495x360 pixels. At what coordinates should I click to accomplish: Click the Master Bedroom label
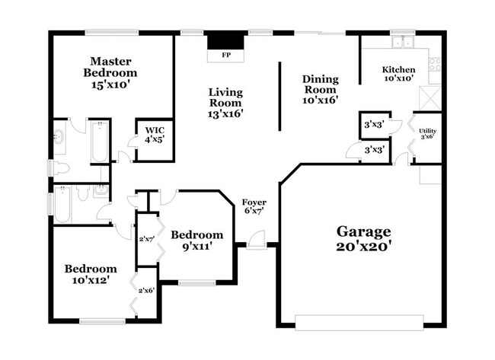[111, 72]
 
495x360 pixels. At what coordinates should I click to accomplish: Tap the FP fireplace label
[226, 56]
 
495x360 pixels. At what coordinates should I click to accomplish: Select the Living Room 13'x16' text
[226, 103]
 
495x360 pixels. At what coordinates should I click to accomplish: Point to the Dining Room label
[320, 88]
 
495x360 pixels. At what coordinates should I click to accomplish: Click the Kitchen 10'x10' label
[398, 74]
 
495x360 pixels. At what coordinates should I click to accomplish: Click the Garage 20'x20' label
[364, 239]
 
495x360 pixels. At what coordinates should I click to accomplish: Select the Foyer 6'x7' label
[253, 205]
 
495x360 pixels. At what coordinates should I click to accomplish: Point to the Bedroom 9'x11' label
[196, 240]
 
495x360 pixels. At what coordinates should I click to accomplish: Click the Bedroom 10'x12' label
[91, 274]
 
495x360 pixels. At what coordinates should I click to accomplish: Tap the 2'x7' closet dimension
[146, 239]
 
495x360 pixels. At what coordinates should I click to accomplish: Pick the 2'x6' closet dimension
[146, 290]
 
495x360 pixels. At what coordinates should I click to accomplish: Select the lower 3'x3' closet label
[373, 151]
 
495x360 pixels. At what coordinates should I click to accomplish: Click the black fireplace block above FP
[226, 40]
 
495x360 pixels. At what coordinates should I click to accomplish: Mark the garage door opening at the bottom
[359, 323]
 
